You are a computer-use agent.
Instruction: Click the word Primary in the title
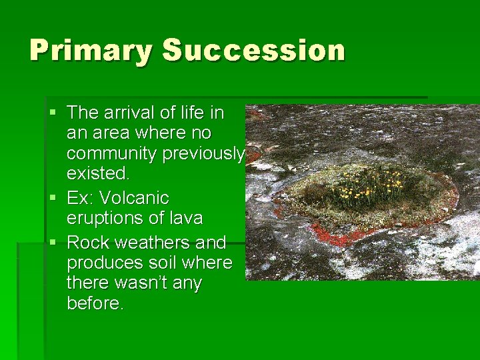tap(91, 51)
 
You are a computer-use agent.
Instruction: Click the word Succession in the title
tap(254, 51)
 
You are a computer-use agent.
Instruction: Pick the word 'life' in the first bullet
tap(189, 112)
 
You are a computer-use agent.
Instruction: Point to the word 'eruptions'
tap(103, 219)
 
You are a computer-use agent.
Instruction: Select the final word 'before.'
tap(95, 304)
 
